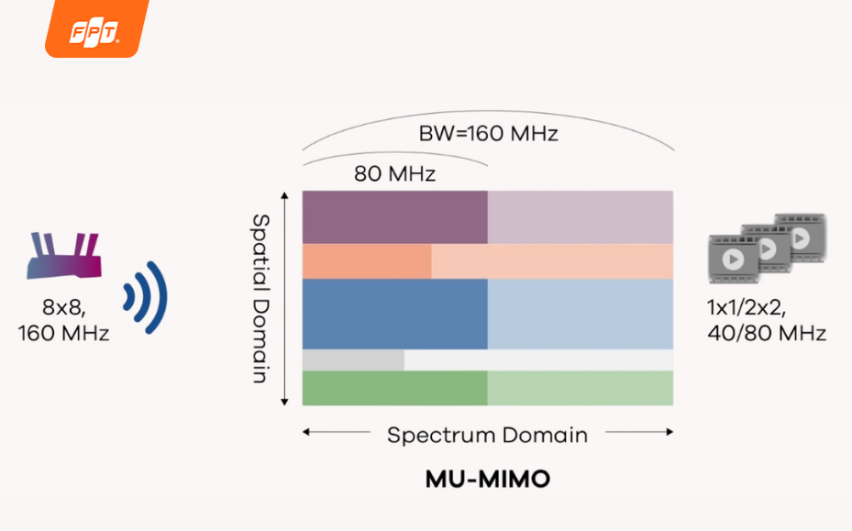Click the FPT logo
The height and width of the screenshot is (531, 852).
[x=95, y=30]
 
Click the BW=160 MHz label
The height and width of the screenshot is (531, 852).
[x=488, y=134]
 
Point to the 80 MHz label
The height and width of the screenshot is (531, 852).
[x=394, y=172]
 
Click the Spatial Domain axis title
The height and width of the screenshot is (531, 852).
[x=260, y=298]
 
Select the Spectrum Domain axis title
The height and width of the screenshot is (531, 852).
[x=487, y=434]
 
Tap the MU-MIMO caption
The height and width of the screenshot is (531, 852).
[x=487, y=479]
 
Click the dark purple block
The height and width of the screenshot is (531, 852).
[x=394, y=216]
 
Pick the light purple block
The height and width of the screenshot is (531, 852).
[x=580, y=216]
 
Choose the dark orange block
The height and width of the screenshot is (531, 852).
[x=366, y=261]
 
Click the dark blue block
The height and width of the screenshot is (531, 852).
[x=394, y=314]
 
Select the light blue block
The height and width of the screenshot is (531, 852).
[x=580, y=314]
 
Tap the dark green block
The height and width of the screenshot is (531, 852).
[x=394, y=388]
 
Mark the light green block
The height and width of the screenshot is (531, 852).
[x=580, y=388]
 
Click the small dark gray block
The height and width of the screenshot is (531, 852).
[x=352, y=360]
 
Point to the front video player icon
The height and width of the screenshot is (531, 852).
[x=733, y=259]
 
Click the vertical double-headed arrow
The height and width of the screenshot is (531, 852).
[x=285, y=298]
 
